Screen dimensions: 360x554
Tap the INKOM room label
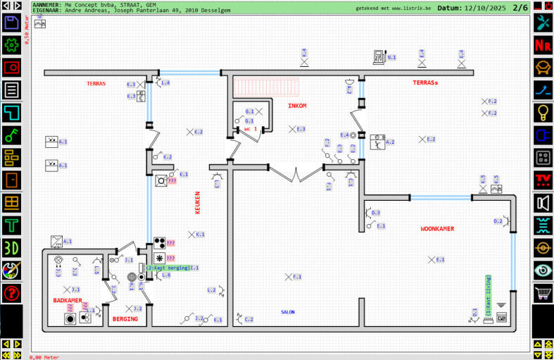point(297,106)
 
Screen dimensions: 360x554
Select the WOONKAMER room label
point(437,229)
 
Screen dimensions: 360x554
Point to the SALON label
point(288,311)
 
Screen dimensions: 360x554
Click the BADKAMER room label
point(68,301)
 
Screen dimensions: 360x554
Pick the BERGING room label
point(125,319)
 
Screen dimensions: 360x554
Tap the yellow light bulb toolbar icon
point(543,112)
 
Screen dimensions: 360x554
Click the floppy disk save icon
point(11,23)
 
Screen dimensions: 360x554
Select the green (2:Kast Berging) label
point(168,268)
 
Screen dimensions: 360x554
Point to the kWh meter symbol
point(501,318)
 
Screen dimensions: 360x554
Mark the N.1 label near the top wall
point(391,57)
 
